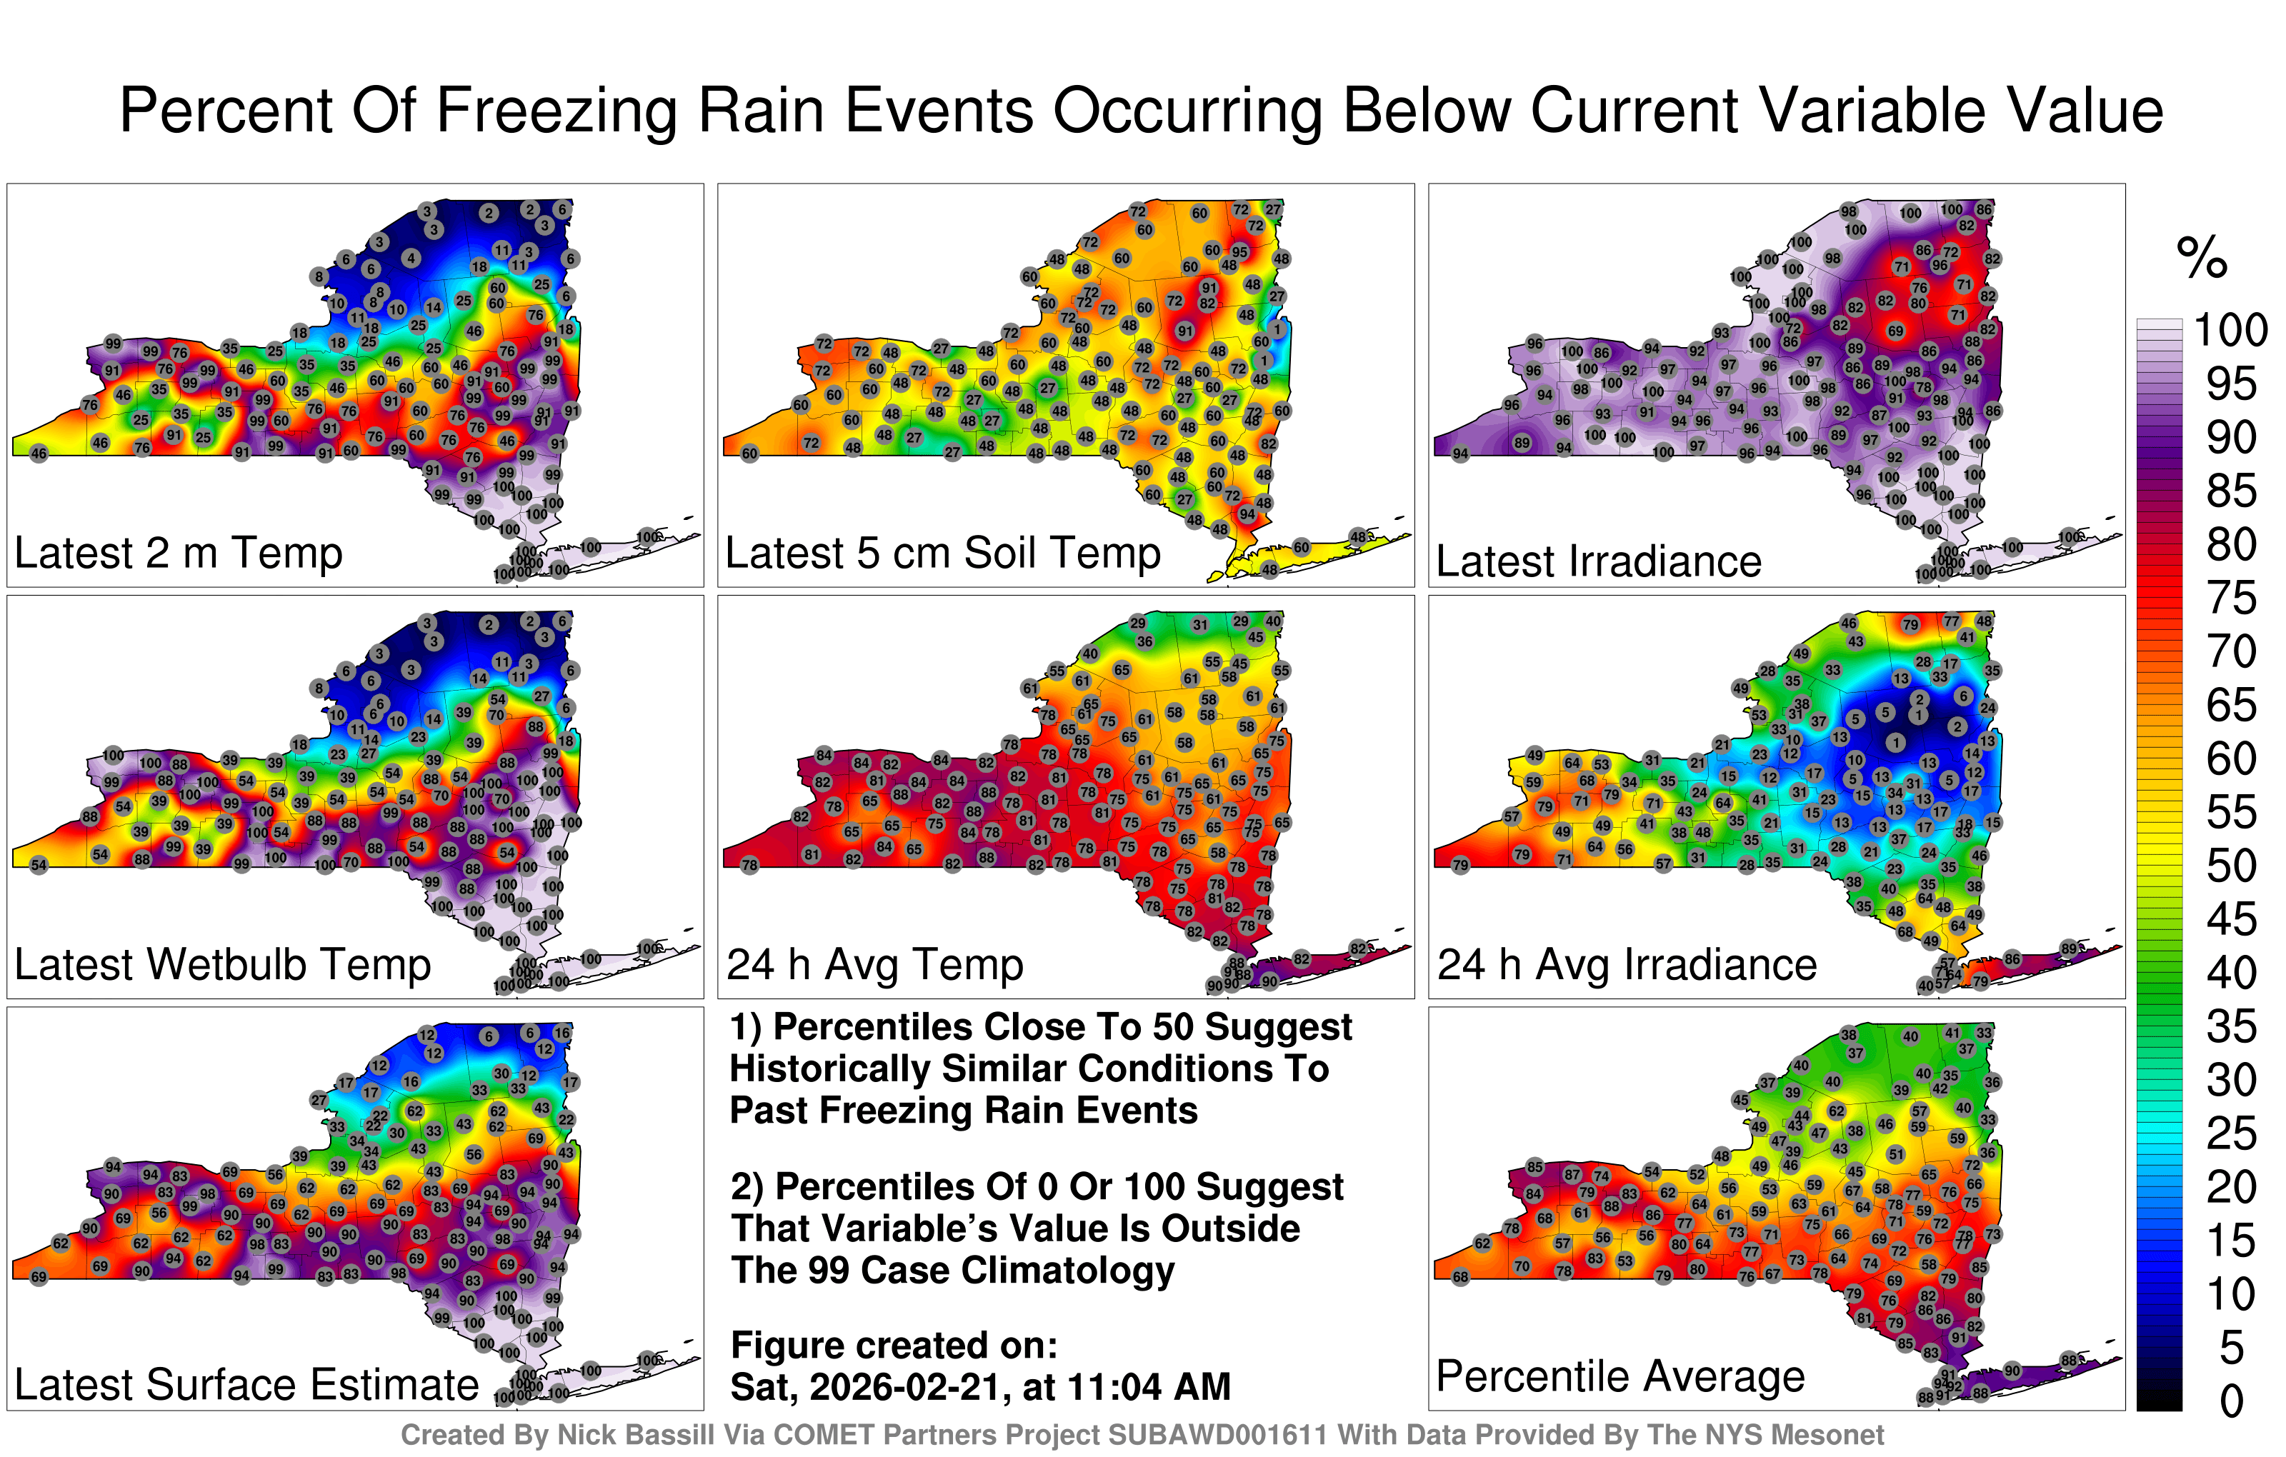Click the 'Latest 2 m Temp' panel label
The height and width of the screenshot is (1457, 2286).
click(178, 554)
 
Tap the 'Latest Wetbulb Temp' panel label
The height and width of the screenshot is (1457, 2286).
click(222, 966)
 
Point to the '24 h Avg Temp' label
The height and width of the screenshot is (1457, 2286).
click(874, 966)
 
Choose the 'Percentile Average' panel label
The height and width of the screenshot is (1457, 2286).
click(1619, 1377)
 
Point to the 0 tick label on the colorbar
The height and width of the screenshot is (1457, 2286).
click(2232, 1402)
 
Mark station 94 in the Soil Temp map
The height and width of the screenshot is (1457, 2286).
click(1247, 514)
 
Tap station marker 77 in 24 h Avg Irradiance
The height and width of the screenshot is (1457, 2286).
click(1951, 621)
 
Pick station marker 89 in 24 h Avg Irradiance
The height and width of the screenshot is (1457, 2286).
click(2070, 949)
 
